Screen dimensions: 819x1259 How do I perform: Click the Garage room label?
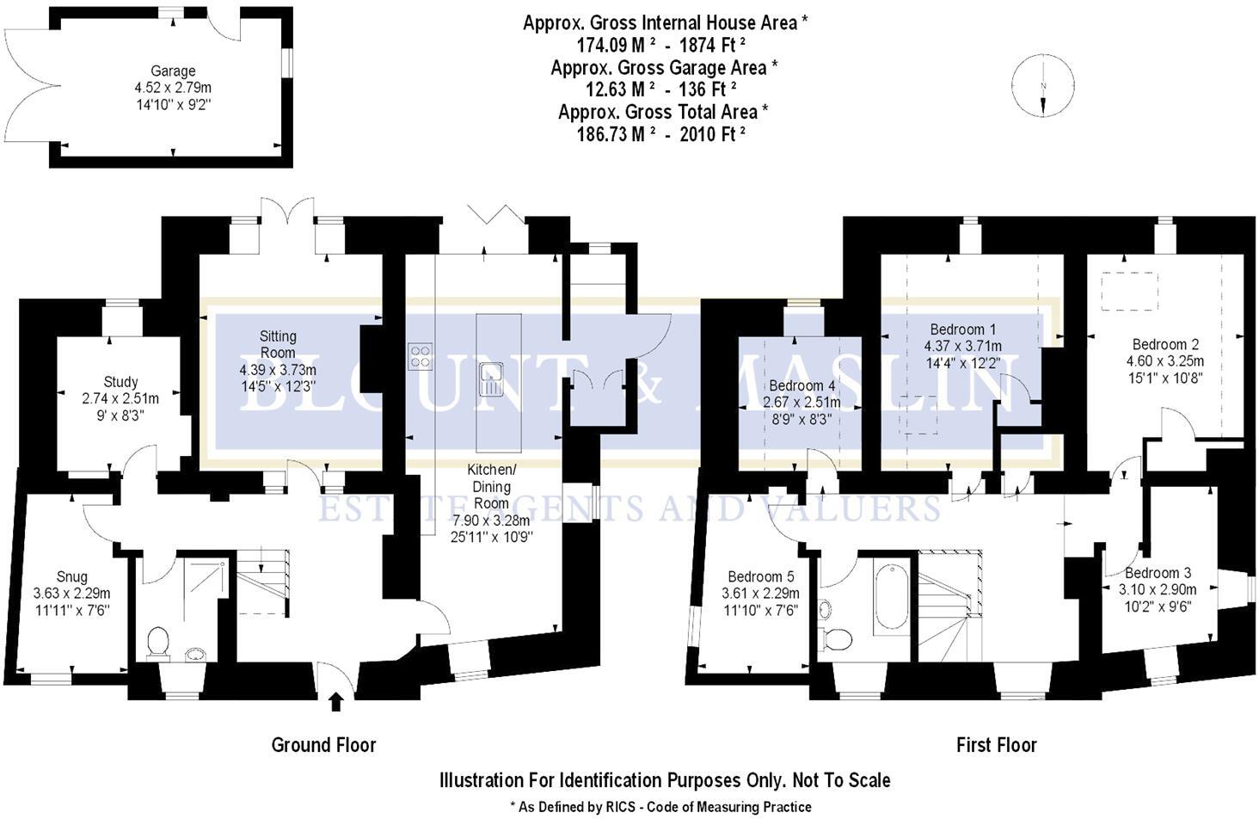point(173,71)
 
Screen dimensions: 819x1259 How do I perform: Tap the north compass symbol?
point(1042,86)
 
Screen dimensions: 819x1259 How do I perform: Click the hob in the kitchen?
point(420,355)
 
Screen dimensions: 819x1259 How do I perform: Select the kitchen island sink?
point(492,379)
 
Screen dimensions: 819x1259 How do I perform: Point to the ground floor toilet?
point(158,642)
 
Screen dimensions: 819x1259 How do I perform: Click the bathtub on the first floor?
point(891,596)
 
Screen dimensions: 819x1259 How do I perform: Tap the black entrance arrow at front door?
point(336,702)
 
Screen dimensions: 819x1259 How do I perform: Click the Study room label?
point(120,382)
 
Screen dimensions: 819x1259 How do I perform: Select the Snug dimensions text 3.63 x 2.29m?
point(71,594)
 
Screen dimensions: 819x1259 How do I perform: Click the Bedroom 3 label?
point(1158,573)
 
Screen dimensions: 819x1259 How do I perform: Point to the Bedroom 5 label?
point(760,576)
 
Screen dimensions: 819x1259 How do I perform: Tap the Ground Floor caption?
point(323,745)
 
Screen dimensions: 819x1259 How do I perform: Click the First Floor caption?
point(996,745)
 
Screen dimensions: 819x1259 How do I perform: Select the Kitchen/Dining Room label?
point(491,486)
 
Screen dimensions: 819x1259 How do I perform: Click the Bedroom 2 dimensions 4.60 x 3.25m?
point(1164,361)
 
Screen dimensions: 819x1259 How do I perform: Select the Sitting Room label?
point(278,344)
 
